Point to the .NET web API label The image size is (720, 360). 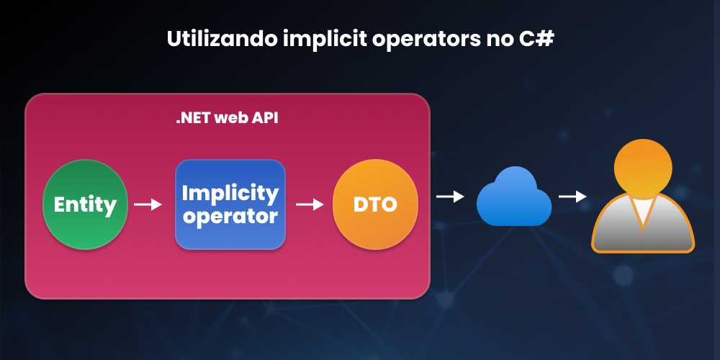[x=227, y=119]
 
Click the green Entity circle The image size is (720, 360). [x=85, y=204]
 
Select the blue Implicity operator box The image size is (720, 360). [x=230, y=204]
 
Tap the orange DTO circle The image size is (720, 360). [x=375, y=204]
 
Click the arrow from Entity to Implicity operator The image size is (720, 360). [x=148, y=204]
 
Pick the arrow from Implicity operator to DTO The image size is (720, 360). [x=310, y=204]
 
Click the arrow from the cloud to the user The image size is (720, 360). [x=572, y=196]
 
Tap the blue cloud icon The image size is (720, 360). [x=514, y=197]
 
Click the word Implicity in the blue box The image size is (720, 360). [x=230, y=193]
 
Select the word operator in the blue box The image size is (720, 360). [x=230, y=215]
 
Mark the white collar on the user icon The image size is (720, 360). [x=642, y=210]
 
